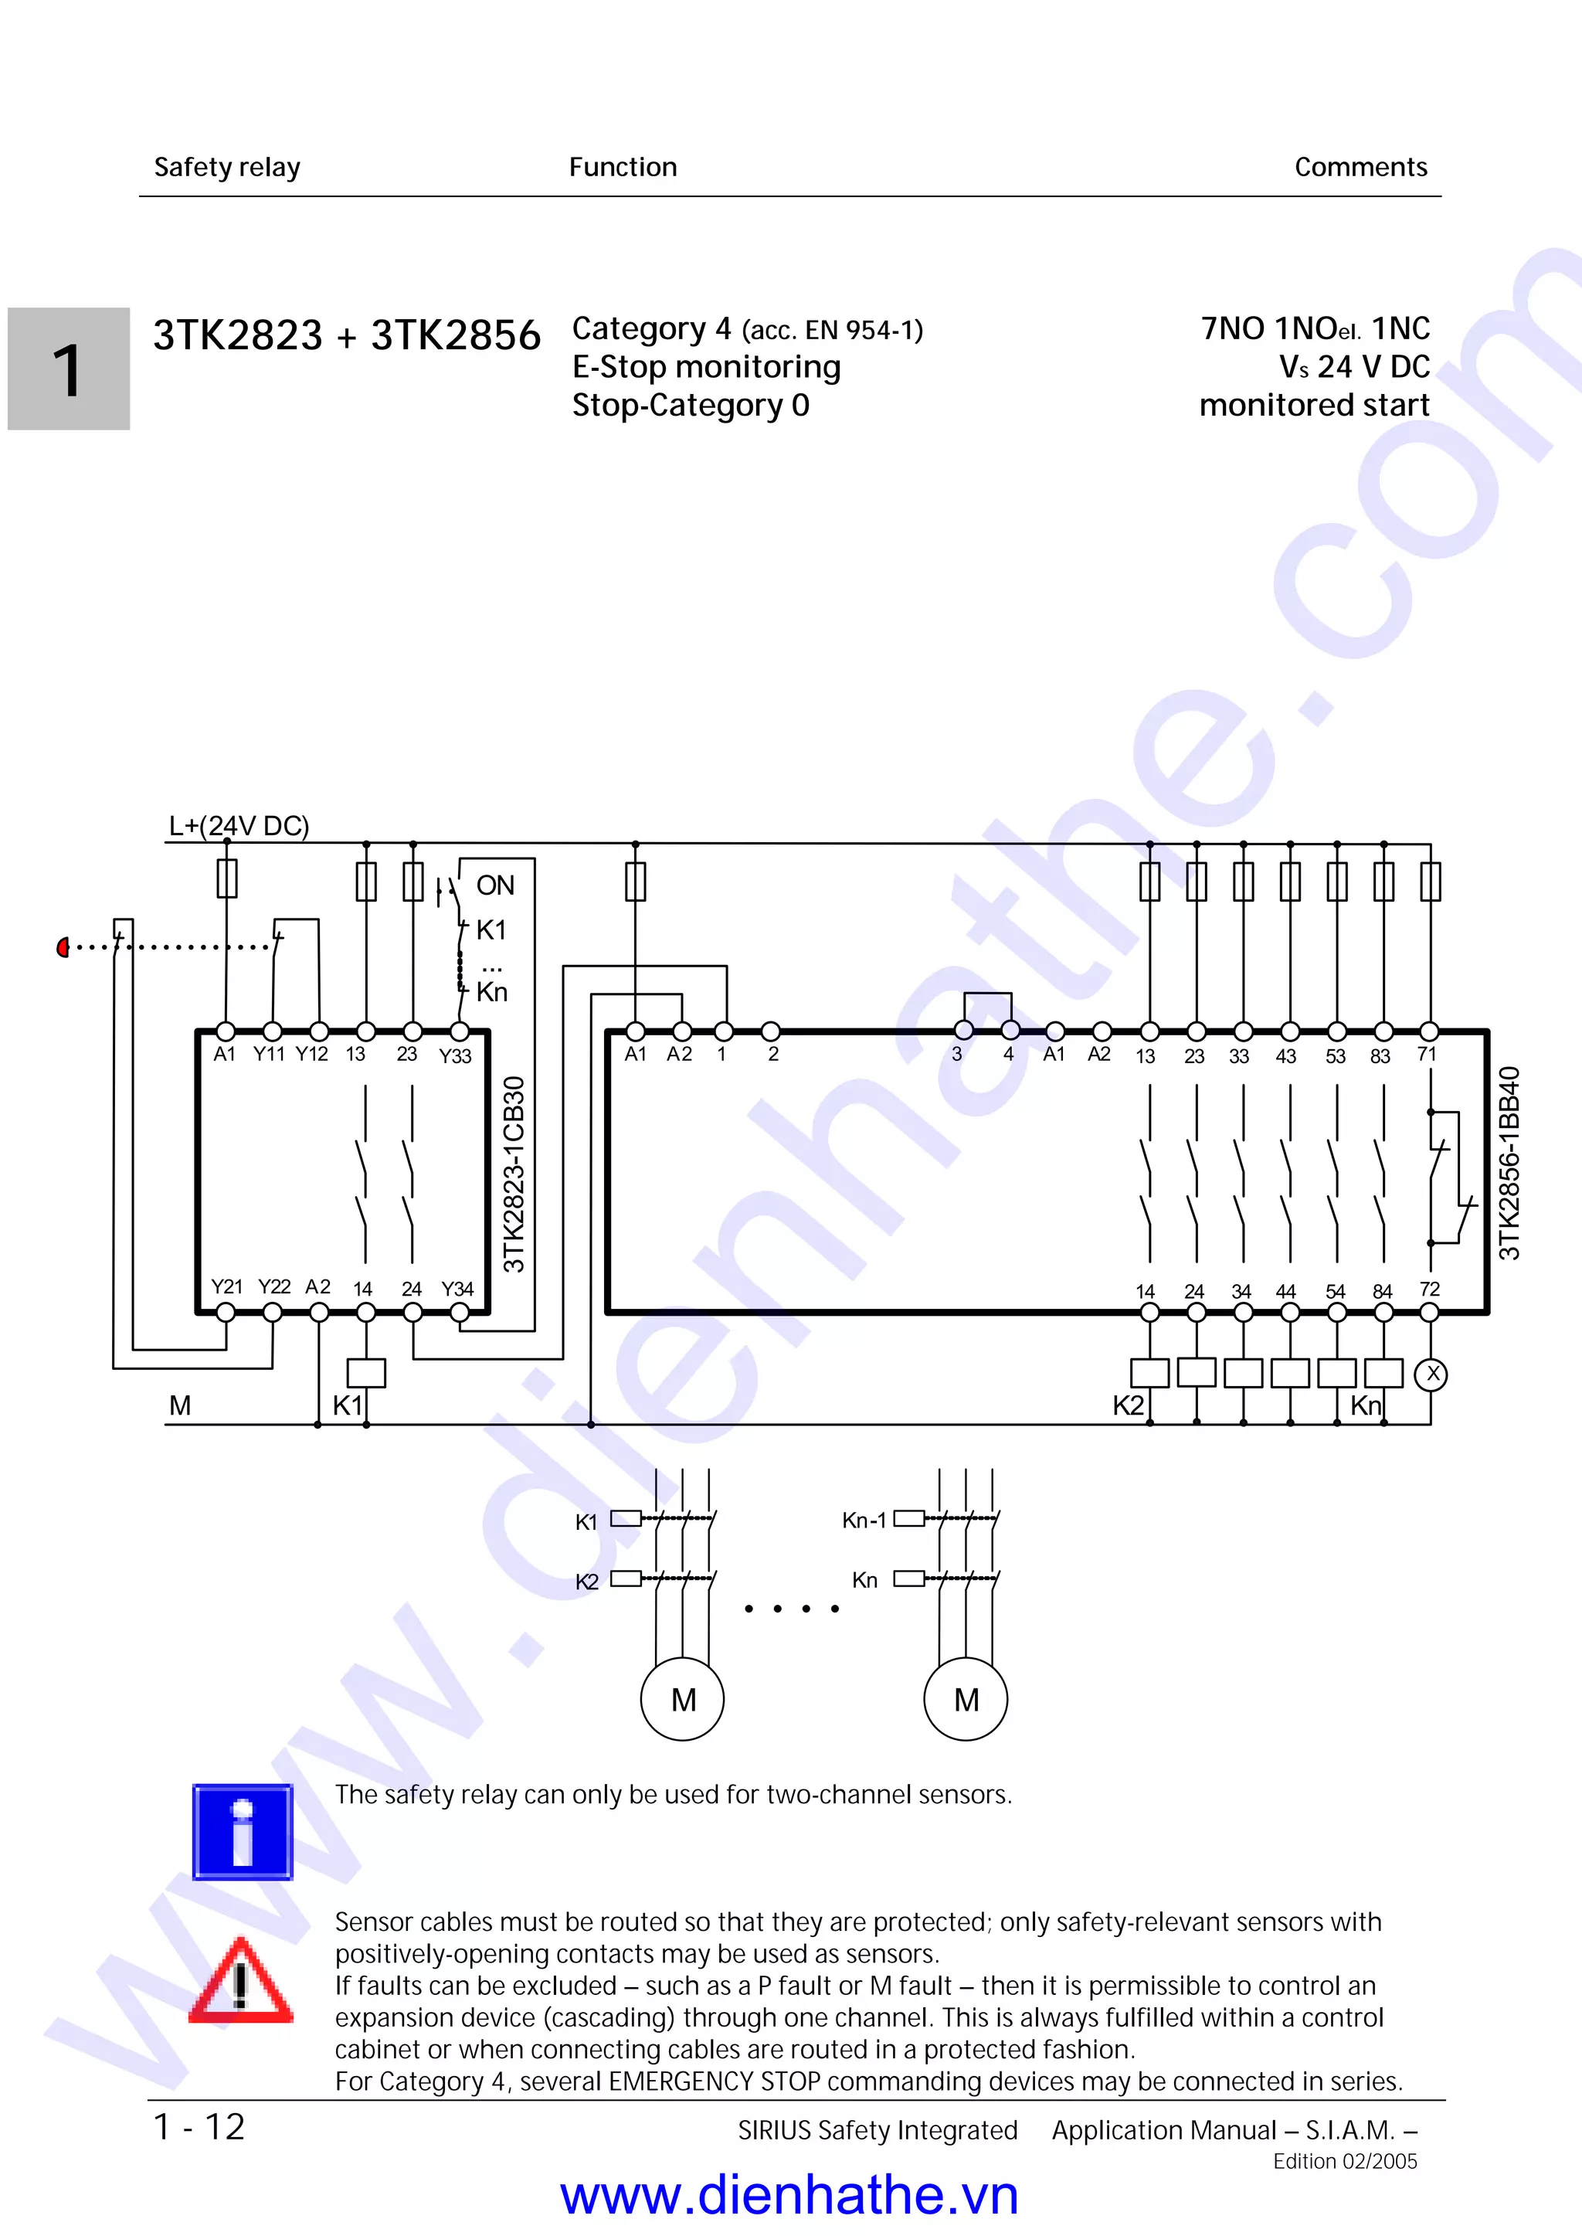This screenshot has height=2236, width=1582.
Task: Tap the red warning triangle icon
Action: click(x=239, y=1982)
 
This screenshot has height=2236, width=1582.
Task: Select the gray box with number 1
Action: click(x=68, y=369)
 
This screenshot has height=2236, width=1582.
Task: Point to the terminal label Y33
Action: click(x=455, y=1056)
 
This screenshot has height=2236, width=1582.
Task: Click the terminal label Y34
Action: click(x=457, y=1289)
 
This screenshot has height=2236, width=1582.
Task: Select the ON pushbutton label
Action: click(x=495, y=885)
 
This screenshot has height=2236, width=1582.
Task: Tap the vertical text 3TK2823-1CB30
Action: click(x=514, y=1174)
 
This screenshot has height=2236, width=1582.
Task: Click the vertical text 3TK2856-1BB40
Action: click(x=1509, y=1164)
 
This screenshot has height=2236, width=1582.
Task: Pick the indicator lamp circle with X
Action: click(x=1431, y=1375)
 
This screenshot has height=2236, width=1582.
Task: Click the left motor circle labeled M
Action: click(x=682, y=1699)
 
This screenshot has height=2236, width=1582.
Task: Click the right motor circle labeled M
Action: click(x=966, y=1699)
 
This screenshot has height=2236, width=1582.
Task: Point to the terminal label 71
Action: click(x=1426, y=1054)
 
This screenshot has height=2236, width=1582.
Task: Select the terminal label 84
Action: click(x=1381, y=1291)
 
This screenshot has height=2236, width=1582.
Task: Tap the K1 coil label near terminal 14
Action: click(x=347, y=1405)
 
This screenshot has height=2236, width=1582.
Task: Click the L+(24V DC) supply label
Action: click(x=239, y=826)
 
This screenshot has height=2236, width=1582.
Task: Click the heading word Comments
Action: click(x=1360, y=168)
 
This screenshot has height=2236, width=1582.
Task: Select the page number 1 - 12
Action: click(x=200, y=2127)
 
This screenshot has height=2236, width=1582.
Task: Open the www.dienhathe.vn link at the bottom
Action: click(x=789, y=2196)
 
